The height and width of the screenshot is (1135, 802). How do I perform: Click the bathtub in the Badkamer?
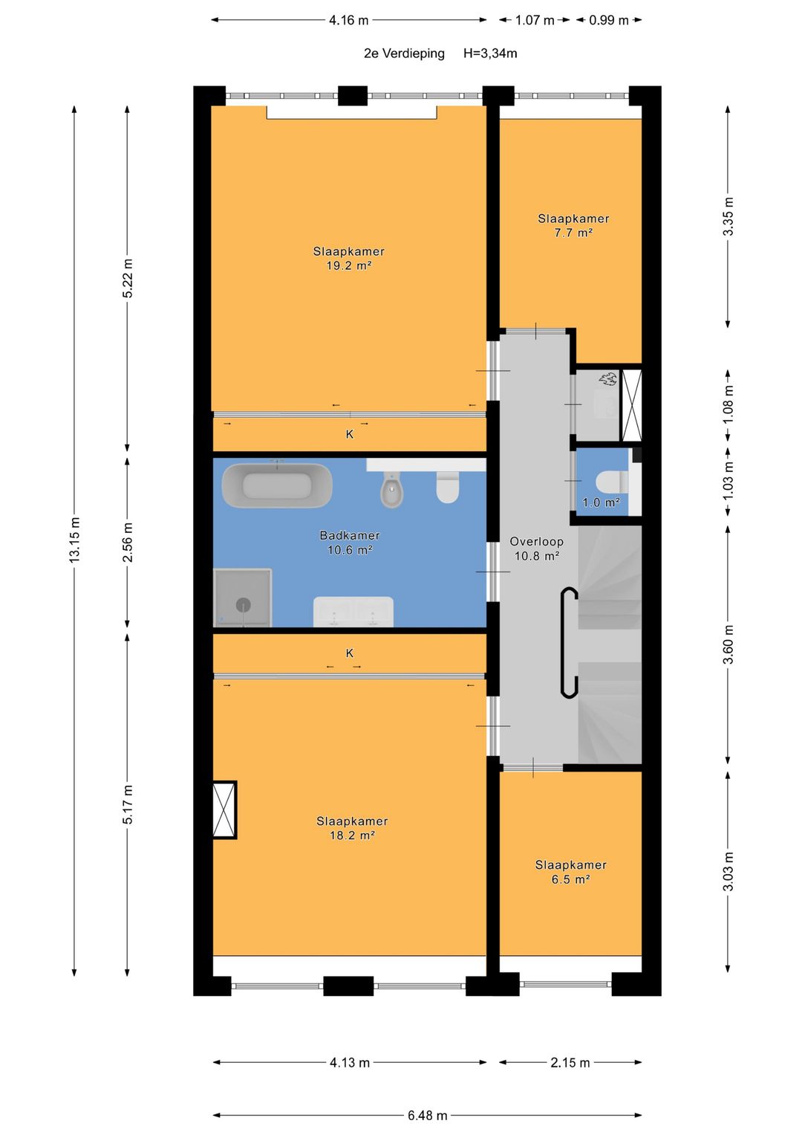pyautogui.click(x=277, y=485)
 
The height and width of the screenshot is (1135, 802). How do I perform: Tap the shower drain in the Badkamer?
pyautogui.click(x=244, y=604)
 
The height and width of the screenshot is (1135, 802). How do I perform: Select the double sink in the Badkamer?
pyautogui.click(x=353, y=611)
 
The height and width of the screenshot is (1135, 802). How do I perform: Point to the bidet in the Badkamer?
pyautogui.click(x=392, y=489)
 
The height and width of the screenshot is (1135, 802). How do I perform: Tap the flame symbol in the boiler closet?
pyautogui.click(x=608, y=378)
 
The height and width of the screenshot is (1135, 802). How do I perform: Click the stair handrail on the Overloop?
pyautogui.click(x=569, y=642)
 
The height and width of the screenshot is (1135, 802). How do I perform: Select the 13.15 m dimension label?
pyautogui.click(x=75, y=540)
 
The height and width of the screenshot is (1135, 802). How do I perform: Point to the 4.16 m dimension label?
pyautogui.click(x=348, y=20)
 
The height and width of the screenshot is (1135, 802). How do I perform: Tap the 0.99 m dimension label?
pyautogui.click(x=609, y=20)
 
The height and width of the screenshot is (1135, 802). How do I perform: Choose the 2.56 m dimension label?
pyautogui.click(x=128, y=542)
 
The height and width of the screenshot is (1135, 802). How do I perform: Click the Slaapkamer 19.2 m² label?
pyautogui.click(x=349, y=259)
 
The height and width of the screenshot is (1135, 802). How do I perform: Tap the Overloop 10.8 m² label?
pyautogui.click(x=537, y=549)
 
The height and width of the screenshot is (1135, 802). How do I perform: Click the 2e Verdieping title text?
pyautogui.click(x=404, y=54)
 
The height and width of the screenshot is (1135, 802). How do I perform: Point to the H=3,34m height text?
pyautogui.click(x=490, y=54)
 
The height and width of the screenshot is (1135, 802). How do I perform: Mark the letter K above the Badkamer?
pyautogui.click(x=349, y=434)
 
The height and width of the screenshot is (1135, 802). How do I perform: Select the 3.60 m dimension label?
pyautogui.click(x=728, y=644)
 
